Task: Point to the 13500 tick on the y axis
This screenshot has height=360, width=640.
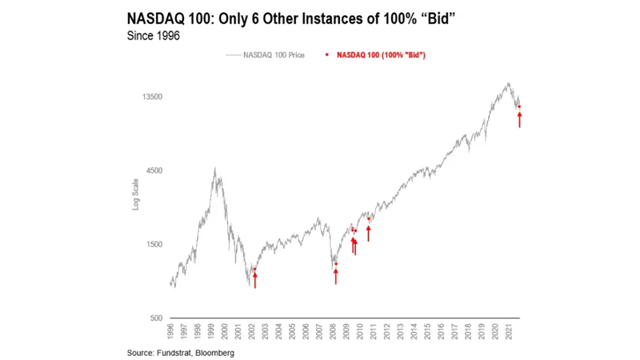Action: click(151, 97)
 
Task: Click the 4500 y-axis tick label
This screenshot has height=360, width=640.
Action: click(154, 170)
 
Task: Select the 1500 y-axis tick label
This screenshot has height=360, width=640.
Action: click(154, 245)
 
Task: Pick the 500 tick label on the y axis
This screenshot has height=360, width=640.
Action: click(155, 318)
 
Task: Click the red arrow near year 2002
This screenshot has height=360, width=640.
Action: click(255, 279)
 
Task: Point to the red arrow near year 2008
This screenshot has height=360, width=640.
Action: click(336, 275)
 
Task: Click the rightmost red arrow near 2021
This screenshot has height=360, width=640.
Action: click(520, 119)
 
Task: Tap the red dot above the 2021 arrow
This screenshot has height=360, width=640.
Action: click(520, 106)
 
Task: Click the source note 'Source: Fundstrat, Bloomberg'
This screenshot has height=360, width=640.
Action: click(181, 353)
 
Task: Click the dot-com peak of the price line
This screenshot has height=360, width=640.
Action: click(214, 169)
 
